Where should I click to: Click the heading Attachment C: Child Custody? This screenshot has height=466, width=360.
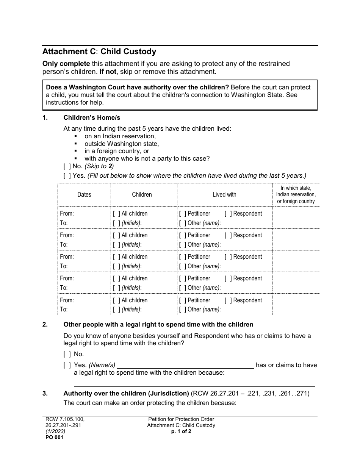[99, 52]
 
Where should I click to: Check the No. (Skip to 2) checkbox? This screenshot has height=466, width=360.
[67, 166]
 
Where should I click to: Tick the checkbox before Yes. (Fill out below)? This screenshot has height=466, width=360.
[67, 175]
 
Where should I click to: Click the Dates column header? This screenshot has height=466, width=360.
[84, 194]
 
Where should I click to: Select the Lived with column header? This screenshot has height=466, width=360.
[224, 194]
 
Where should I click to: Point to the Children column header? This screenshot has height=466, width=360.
[142, 194]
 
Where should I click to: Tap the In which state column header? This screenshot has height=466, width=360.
[296, 194]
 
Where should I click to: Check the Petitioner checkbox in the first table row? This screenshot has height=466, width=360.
[183, 214]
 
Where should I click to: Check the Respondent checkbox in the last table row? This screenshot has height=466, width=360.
[228, 300]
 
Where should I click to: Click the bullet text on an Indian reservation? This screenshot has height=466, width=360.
[120, 136]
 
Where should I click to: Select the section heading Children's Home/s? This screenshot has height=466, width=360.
[92, 117]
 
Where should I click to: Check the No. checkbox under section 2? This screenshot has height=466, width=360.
[67, 354]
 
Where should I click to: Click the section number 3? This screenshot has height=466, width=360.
[45, 393]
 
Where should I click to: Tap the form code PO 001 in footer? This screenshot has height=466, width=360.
[53, 437]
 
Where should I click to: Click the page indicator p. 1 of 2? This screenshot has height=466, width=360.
[181, 431]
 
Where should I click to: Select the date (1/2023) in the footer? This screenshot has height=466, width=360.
[54, 431]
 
